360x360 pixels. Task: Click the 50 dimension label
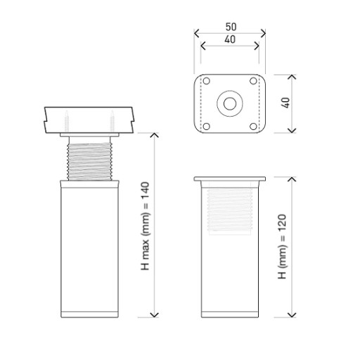click(231, 27)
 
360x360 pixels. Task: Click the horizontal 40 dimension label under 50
click(230, 39)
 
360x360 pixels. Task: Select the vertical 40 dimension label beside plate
click(285, 103)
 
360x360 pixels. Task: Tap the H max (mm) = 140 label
click(145, 226)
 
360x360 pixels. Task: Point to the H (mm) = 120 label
click(282, 246)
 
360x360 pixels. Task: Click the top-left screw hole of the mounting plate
click(206, 81)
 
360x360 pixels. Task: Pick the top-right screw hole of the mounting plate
click(253, 81)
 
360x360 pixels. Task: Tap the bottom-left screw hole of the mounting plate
click(206, 127)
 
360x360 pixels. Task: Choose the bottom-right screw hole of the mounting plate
click(253, 127)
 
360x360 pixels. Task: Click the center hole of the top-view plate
click(230, 103)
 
